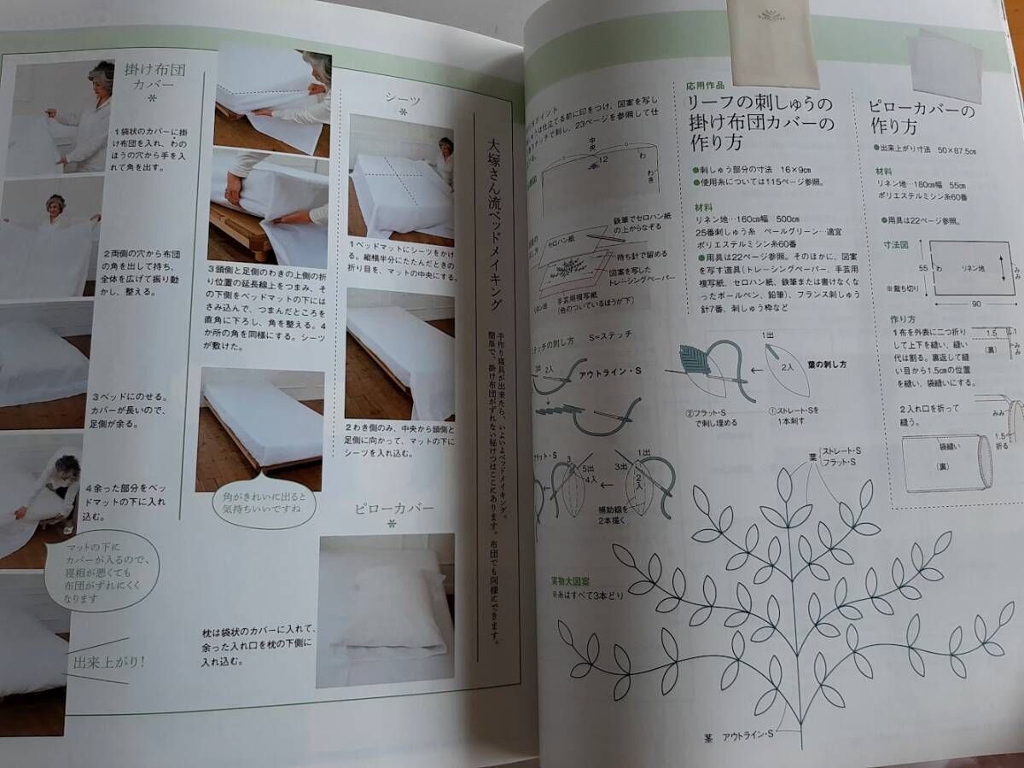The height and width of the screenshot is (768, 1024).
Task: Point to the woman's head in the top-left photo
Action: point(102,73)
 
